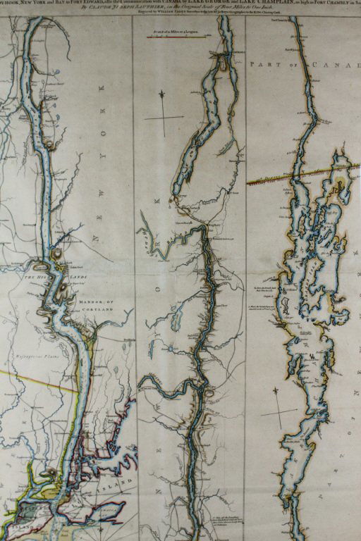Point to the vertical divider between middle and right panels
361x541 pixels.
(x=245, y=282)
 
